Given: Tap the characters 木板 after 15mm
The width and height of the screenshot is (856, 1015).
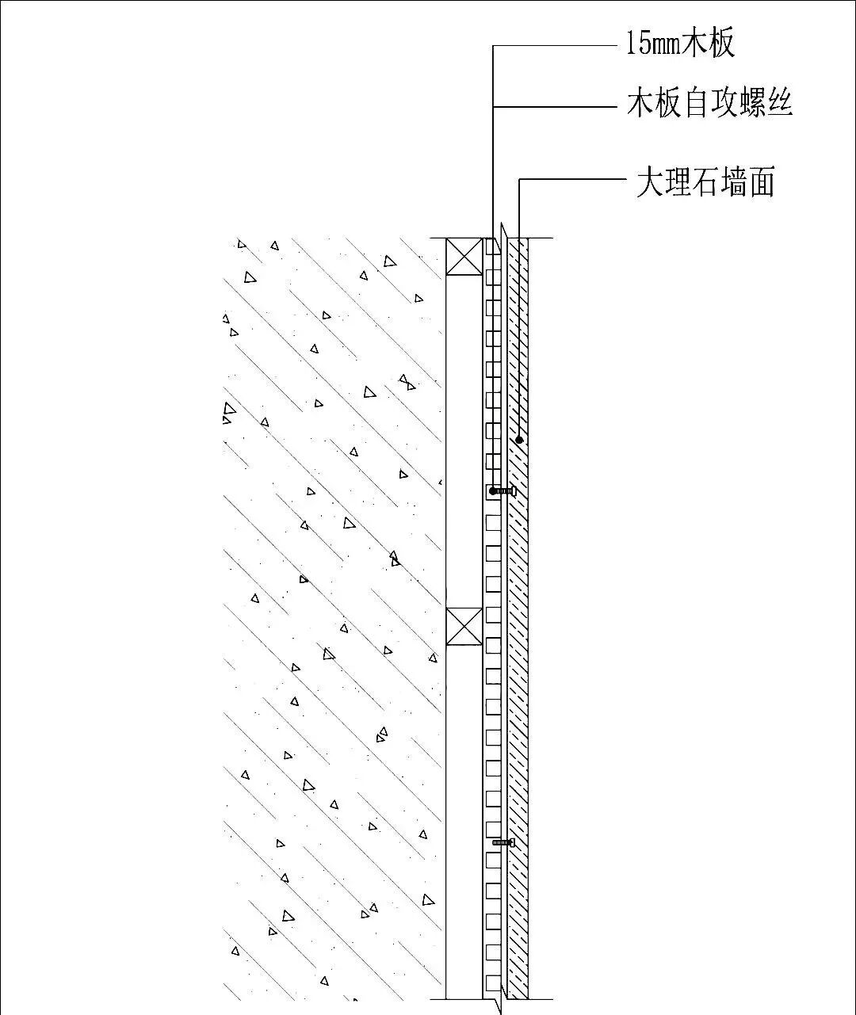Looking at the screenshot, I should coord(710,43).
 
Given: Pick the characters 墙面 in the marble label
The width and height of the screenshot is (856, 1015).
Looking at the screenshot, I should coord(750,182).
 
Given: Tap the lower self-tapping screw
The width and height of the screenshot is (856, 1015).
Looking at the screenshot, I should coord(504,842).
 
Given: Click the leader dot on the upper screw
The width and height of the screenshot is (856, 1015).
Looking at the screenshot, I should coord(493,491).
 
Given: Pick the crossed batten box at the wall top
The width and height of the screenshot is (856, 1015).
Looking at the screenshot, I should coord(464,255).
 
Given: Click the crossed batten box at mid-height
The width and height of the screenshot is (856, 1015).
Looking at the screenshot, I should coord(464,626).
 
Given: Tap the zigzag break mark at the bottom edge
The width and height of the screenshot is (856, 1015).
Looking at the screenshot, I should coord(499,1003).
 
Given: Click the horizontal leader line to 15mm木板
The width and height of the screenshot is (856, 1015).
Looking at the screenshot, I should coord(555,46).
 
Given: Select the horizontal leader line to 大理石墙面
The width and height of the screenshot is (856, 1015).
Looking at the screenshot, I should coord(571,180).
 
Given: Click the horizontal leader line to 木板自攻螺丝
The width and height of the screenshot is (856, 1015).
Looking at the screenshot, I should coord(555,105).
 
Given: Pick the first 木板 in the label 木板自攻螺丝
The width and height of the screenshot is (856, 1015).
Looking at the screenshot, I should coord(654,104).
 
